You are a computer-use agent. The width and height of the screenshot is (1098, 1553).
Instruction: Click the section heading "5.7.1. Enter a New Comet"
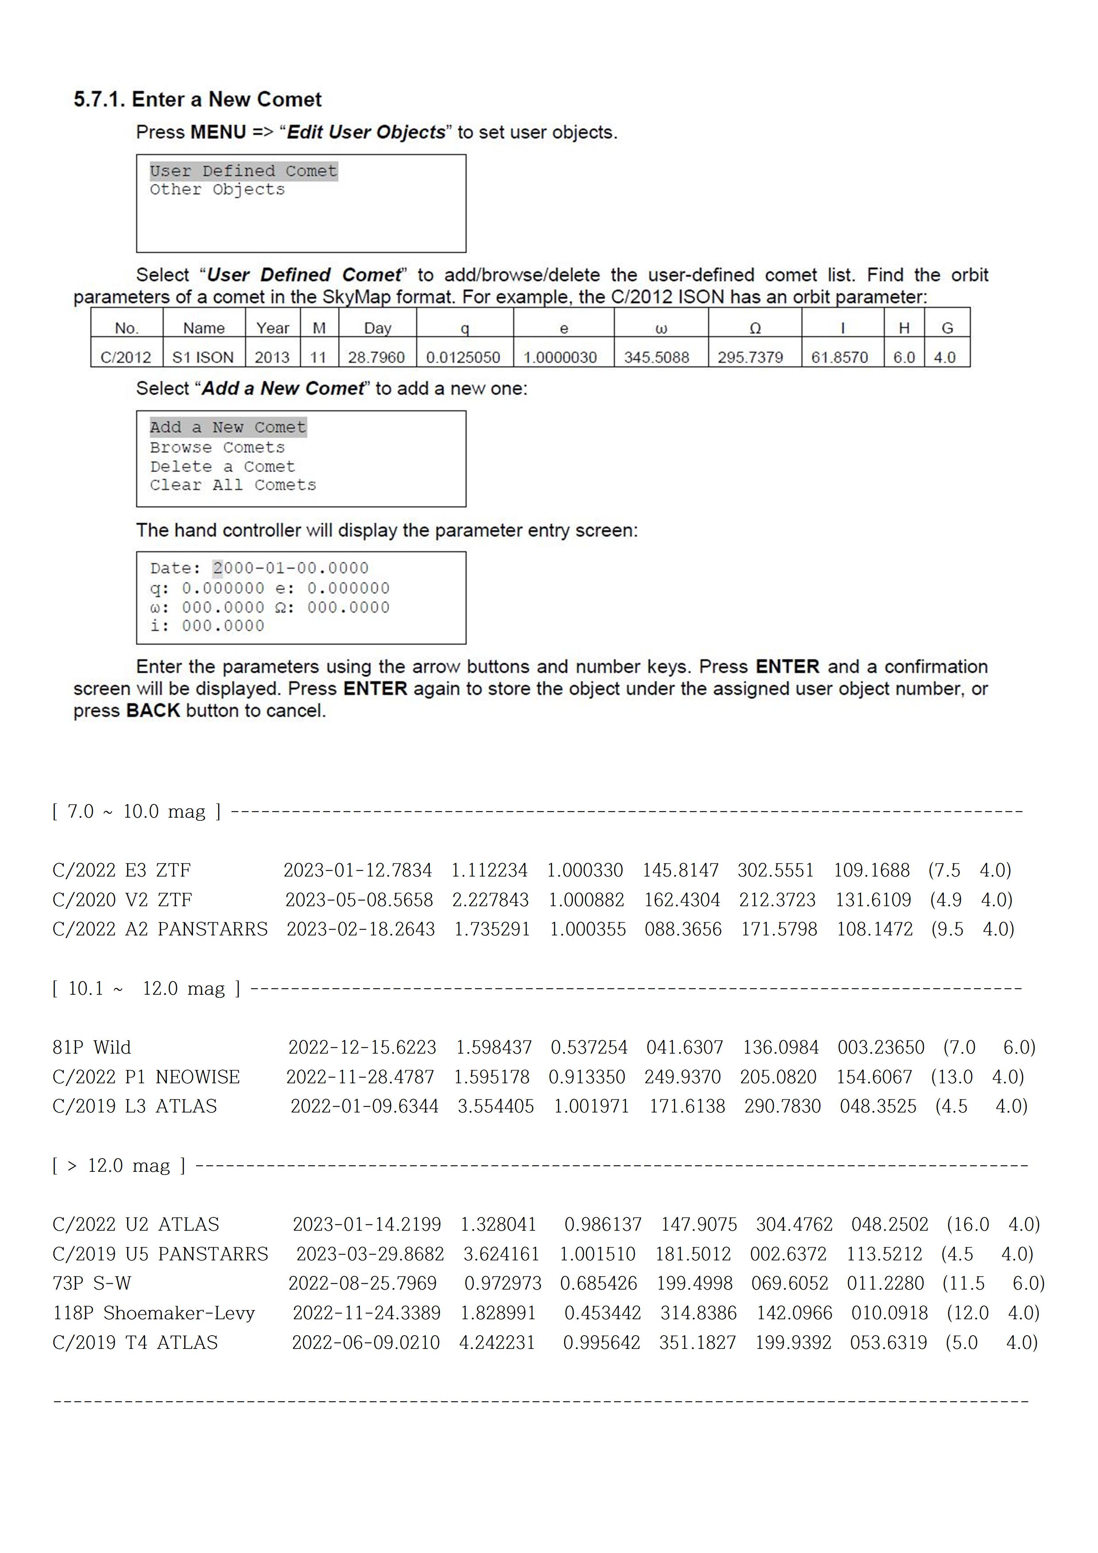click(x=197, y=100)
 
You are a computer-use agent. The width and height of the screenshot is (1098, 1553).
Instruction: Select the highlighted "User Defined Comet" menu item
click(x=243, y=171)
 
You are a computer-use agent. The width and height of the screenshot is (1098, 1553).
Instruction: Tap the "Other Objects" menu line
click(x=217, y=190)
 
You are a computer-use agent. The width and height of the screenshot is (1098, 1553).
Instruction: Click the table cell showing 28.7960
click(x=376, y=357)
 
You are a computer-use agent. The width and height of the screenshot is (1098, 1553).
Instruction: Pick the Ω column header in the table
click(x=755, y=328)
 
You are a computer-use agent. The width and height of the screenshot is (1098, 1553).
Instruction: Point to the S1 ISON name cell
click(x=203, y=357)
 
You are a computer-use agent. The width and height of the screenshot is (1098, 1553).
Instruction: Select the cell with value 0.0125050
click(x=464, y=357)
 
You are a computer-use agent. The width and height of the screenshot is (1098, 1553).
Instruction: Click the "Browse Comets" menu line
click(x=217, y=448)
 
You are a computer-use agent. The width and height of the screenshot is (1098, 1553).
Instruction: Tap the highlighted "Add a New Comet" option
click(x=228, y=428)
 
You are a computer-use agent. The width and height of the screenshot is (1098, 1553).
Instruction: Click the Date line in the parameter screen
click(x=259, y=568)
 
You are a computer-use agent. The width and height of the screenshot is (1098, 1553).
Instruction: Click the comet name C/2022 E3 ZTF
click(x=122, y=870)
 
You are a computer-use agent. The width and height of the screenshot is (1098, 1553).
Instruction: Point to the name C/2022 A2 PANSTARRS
click(x=160, y=929)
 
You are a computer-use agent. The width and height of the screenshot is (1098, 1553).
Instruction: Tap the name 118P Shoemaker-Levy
click(x=154, y=1313)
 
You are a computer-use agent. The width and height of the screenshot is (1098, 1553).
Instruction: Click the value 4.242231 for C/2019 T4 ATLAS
click(x=497, y=1343)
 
